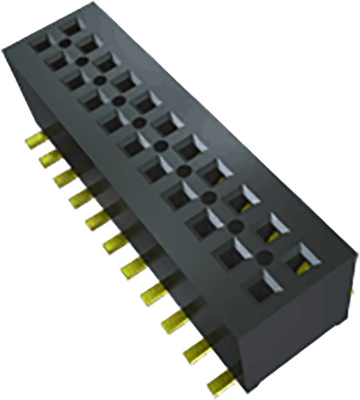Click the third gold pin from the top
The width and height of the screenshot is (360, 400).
pos(65,177)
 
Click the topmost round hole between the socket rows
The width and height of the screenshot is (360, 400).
pos(65,43)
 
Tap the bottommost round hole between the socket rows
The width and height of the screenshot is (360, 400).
pos(265,257)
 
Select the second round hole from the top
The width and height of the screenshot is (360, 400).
pos(81,61)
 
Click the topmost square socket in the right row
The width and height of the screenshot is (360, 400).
pos(71,25)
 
